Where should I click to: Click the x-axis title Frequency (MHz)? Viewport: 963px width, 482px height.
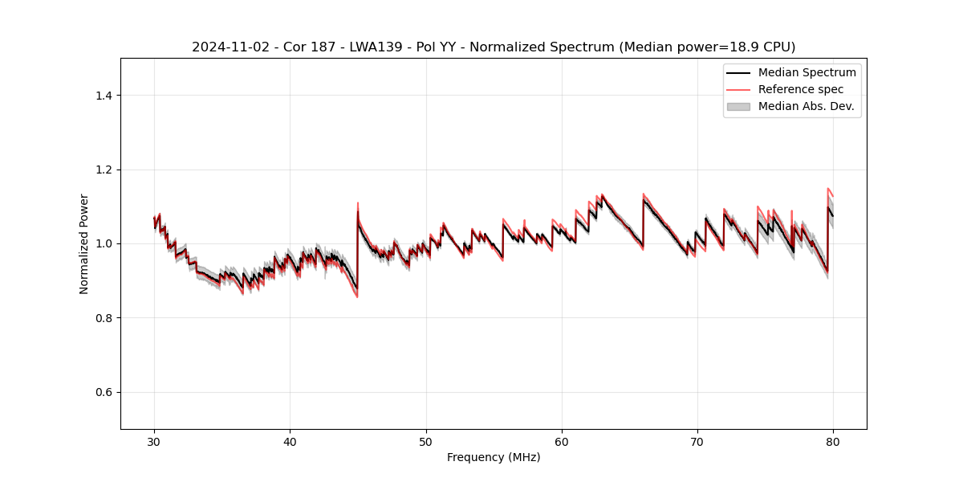[x=494, y=457]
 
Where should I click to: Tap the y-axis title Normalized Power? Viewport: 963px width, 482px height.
[x=84, y=243]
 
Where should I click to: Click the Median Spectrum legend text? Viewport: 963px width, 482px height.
[x=807, y=72]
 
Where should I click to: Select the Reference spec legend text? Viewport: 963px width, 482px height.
[x=801, y=89]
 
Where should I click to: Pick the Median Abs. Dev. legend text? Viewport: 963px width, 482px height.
[x=806, y=106]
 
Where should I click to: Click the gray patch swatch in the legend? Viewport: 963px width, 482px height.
[x=738, y=106]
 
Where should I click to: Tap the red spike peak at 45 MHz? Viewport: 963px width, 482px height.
[x=358, y=203]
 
